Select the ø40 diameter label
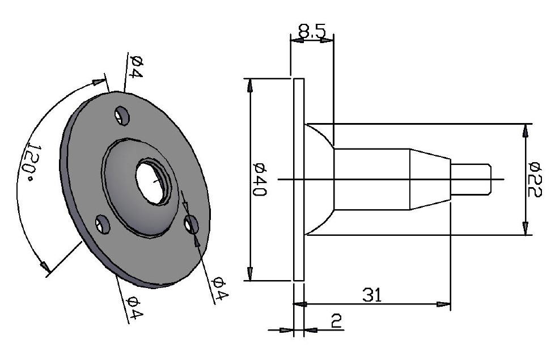coord(260,179)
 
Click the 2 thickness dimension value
coord(336,322)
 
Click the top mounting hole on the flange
coord(121,116)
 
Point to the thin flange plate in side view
coord(299,179)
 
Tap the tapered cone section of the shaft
coord(430,179)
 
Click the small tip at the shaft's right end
coord(471,179)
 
